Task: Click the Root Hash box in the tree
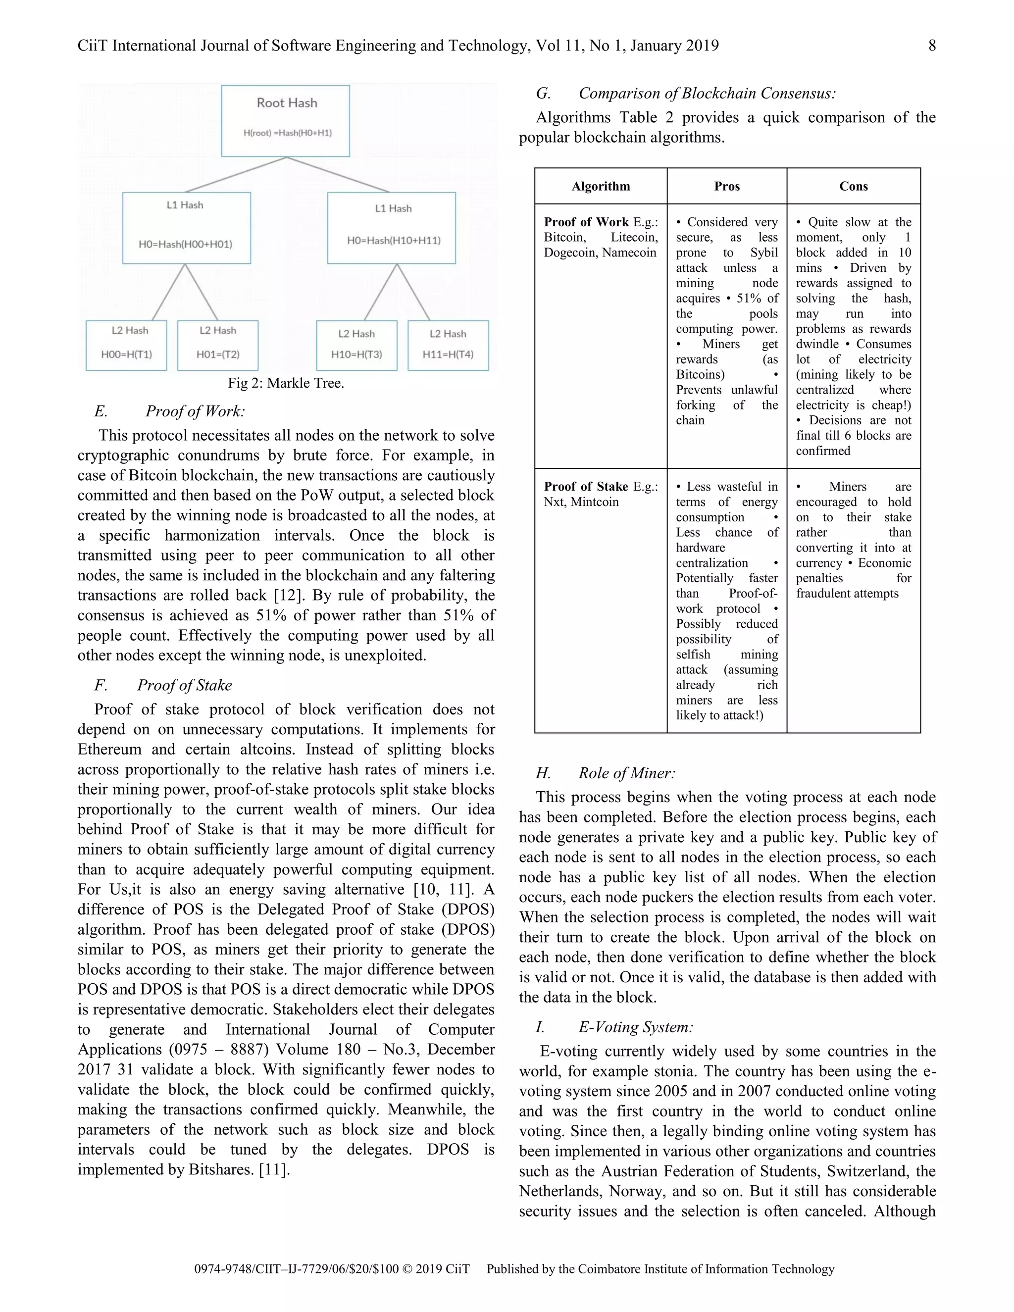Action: [x=285, y=121]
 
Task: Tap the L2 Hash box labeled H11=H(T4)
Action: [x=448, y=346]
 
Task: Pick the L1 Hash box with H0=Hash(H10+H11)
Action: [x=391, y=228]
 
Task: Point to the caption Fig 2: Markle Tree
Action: [x=286, y=383]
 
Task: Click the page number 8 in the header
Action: [x=932, y=46]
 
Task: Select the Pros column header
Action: [x=726, y=186]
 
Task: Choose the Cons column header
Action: [x=853, y=186]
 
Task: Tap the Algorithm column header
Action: [x=601, y=186]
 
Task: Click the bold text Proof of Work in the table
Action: [x=586, y=222]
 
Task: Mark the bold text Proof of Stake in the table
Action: [x=586, y=487]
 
